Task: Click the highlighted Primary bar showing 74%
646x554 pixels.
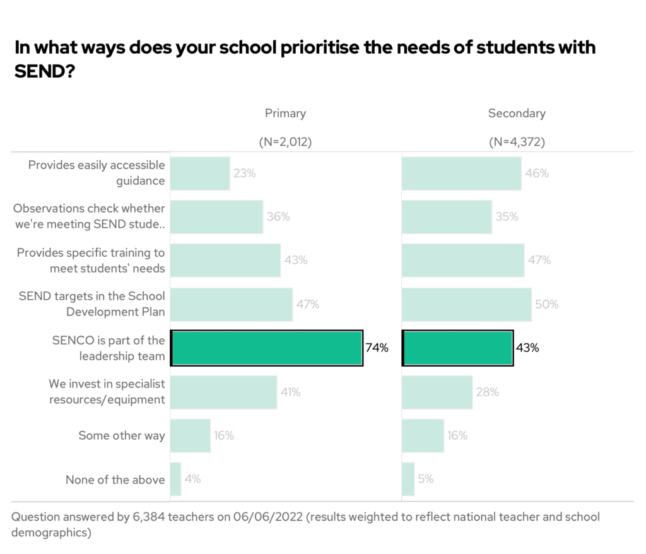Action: pyautogui.click(x=266, y=348)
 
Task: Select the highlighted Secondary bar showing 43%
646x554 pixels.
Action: pyautogui.click(x=457, y=348)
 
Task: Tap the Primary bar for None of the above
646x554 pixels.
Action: pyautogui.click(x=175, y=480)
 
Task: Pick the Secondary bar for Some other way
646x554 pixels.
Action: pyautogui.click(x=423, y=435)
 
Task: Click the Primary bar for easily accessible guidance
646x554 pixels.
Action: pyautogui.click(x=199, y=173)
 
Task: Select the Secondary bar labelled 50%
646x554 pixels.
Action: pyautogui.click(x=466, y=304)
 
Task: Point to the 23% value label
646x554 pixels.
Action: pyautogui.click(x=244, y=173)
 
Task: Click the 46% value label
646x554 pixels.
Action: pyautogui.click(x=537, y=173)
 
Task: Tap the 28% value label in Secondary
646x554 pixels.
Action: pyautogui.click(x=487, y=392)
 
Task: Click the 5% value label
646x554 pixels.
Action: pyautogui.click(x=426, y=480)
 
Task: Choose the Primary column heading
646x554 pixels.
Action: pyautogui.click(x=285, y=114)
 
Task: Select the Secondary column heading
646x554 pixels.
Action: pyautogui.click(x=517, y=114)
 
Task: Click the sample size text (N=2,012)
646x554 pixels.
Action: pyautogui.click(x=285, y=143)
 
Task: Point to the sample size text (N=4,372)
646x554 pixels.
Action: pyautogui.click(x=517, y=143)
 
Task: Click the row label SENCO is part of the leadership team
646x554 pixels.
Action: pyautogui.click(x=109, y=348)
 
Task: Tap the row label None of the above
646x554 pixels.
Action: pyautogui.click(x=115, y=480)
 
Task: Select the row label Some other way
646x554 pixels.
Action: pyautogui.click(x=121, y=435)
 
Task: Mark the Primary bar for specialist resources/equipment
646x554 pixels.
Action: pyautogui.click(x=223, y=392)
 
